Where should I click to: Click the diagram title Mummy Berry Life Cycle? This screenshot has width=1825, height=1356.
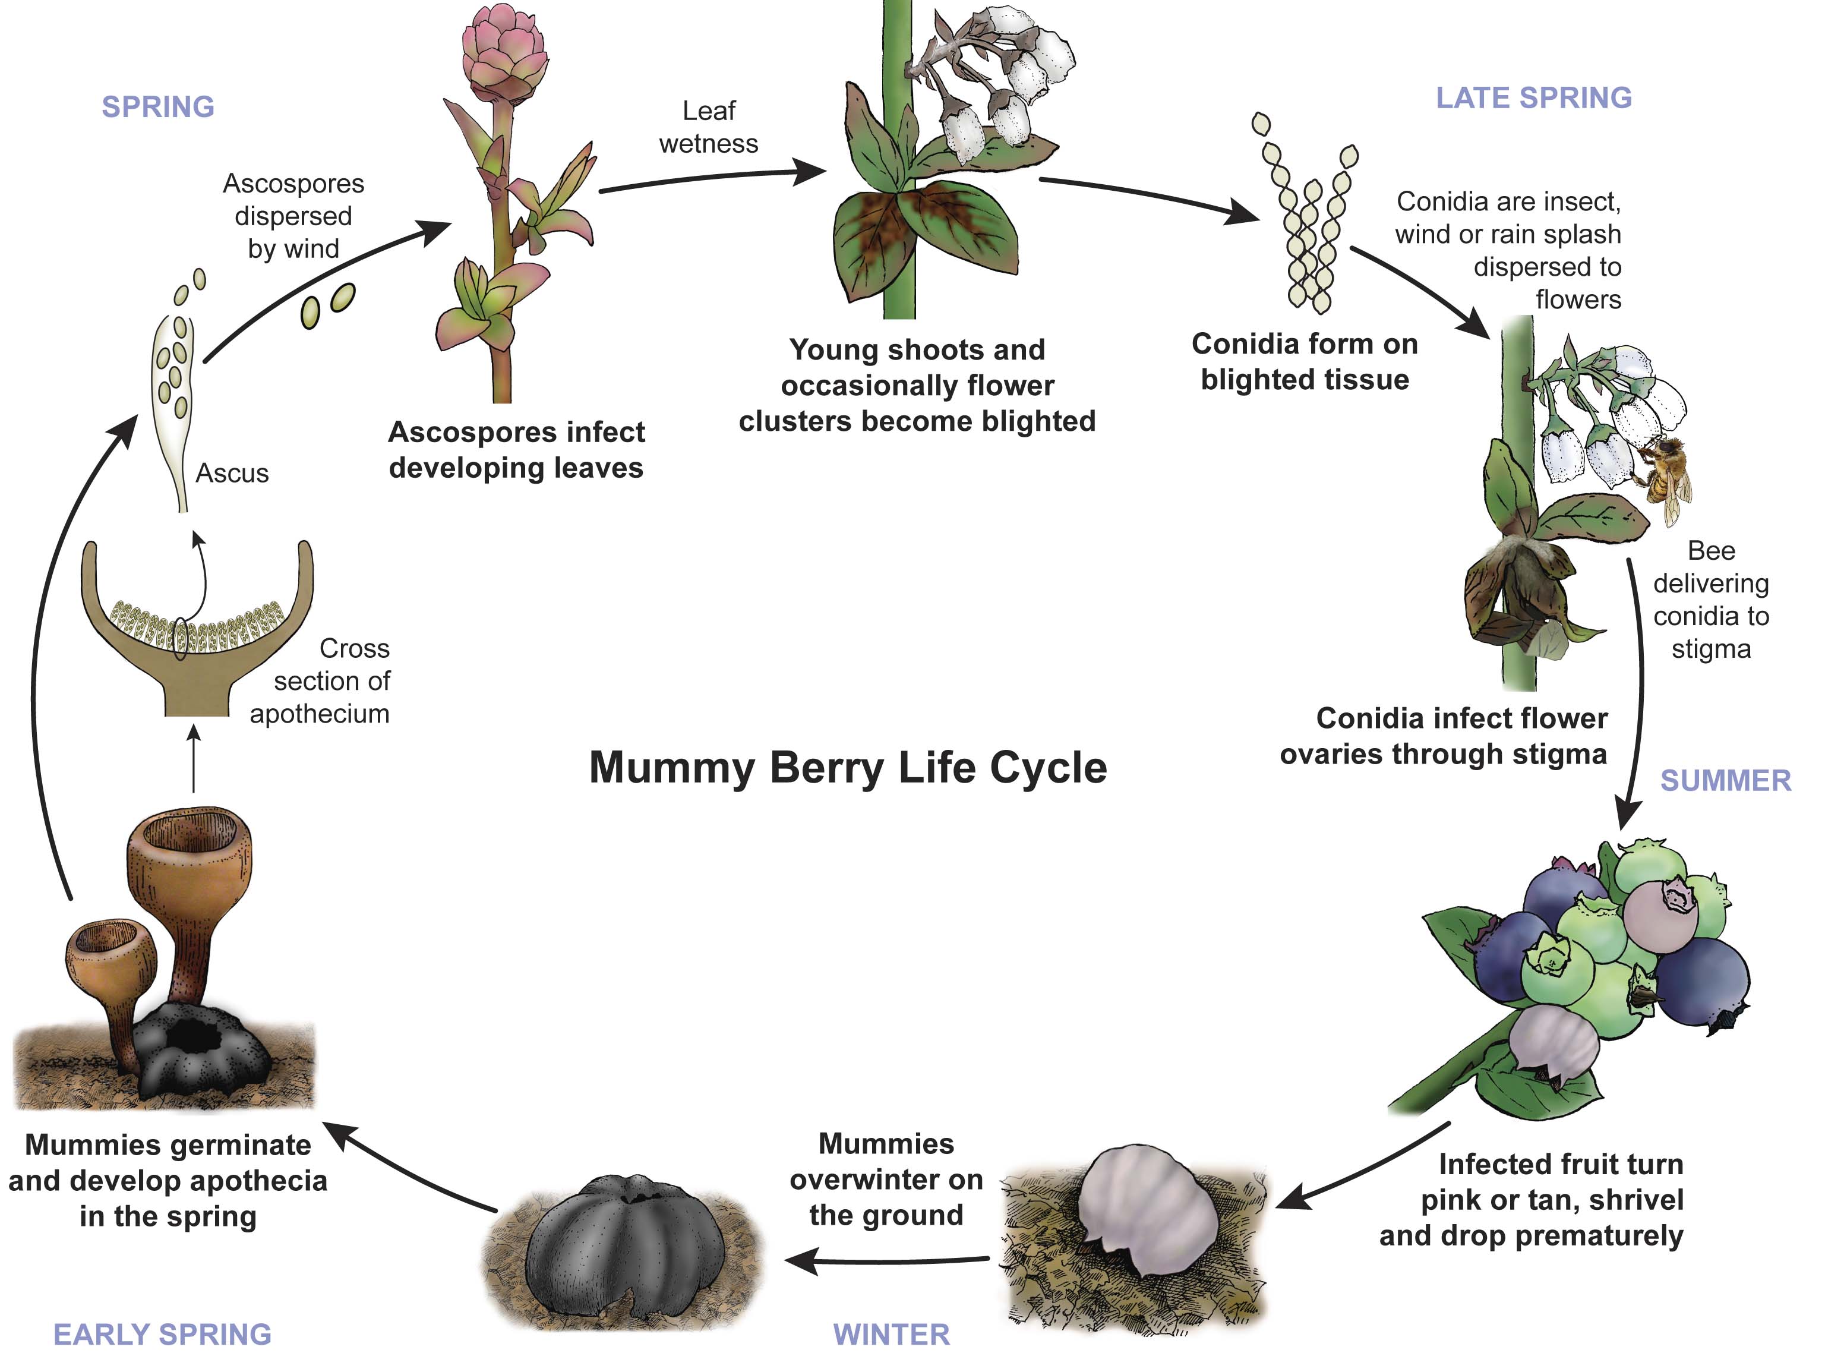point(848,768)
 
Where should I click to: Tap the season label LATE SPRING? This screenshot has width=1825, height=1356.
point(1533,97)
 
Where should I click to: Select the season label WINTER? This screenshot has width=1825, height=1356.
point(891,1334)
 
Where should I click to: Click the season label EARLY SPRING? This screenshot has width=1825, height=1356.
point(162,1334)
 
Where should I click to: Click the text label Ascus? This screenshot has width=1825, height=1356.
point(232,474)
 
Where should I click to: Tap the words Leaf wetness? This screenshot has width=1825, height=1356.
point(708,127)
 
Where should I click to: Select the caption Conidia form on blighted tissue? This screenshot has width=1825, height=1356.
point(1305,361)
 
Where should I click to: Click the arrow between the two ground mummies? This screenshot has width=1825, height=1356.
point(886,1260)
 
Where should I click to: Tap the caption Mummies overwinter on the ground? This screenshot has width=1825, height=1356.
point(886,1179)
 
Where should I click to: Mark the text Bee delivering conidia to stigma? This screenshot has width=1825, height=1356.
point(1711,599)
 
